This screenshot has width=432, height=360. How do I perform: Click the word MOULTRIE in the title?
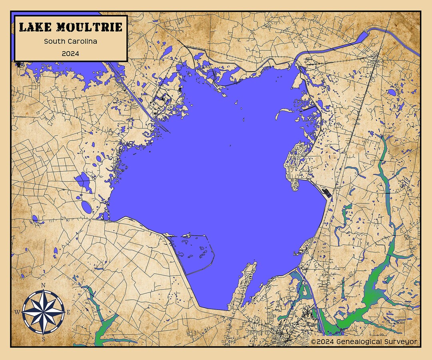click(x=89, y=27)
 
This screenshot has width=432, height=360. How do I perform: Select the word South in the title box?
click(x=53, y=41)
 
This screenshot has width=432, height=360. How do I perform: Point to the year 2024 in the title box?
click(x=70, y=53)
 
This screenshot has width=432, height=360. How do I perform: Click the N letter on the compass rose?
click(x=43, y=285)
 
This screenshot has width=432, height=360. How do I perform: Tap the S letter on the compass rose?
click(x=43, y=339)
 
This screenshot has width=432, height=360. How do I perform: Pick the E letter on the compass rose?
click(x=68, y=312)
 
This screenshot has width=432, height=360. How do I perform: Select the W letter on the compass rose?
click(x=17, y=312)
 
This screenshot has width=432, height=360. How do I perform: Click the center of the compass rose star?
click(x=43, y=312)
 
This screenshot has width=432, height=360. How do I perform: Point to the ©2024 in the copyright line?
click(x=322, y=342)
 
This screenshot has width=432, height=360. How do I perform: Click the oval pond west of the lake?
click(x=86, y=206)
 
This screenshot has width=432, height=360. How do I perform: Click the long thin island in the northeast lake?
click(x=285, y=112)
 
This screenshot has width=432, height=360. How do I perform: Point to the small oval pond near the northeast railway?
click(x=392, y=92)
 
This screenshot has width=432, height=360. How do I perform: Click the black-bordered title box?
click(x=71, y=38)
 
